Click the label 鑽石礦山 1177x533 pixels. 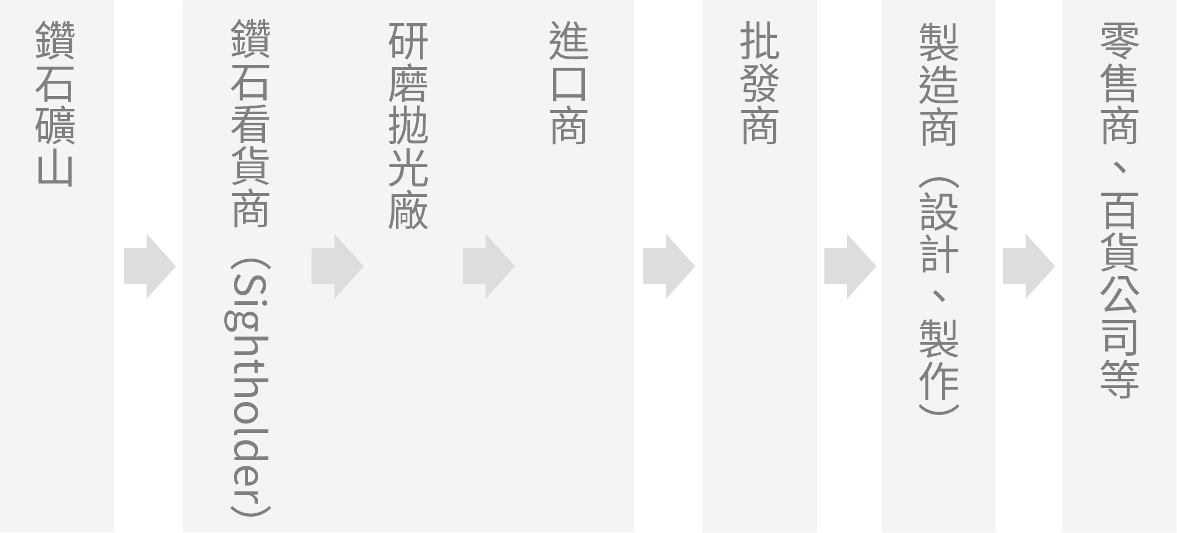tap(55, 104)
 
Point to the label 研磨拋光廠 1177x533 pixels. tap(408, 125)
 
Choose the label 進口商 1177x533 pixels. tap(568, 83)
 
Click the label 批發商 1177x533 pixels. tap(759, 83)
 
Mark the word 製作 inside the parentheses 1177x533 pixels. tap(939, 360)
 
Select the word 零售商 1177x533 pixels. tap(1119, 83)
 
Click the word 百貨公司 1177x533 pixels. tap(1119, 272)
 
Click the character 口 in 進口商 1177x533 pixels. tap(568, 84)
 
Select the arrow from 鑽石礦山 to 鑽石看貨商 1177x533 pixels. tap(150, 266)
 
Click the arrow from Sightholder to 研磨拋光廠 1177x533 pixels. tap(337, 266)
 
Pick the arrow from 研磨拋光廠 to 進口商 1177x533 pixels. tap(489, 266)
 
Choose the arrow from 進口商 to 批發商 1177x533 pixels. tap(669, 266)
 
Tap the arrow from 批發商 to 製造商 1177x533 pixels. tap(850, 266)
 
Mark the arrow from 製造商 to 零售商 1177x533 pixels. tap(1029, 266)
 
